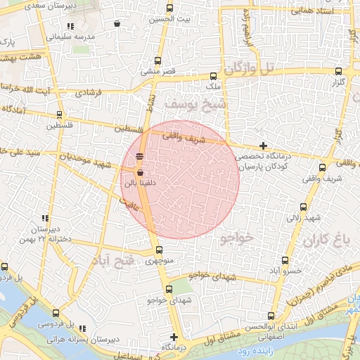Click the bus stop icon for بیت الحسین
(x=169, y=8)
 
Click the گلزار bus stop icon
(x=339, y=71)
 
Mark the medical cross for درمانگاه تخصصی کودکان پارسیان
(x=263, y=146)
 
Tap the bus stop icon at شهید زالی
(x=304, y=207)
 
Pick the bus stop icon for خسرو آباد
(x=285, y=259)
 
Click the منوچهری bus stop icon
(x=159, y=250)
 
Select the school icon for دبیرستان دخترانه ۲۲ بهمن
(x=45, y=218)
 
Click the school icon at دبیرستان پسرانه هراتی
(x=83, y=328)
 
